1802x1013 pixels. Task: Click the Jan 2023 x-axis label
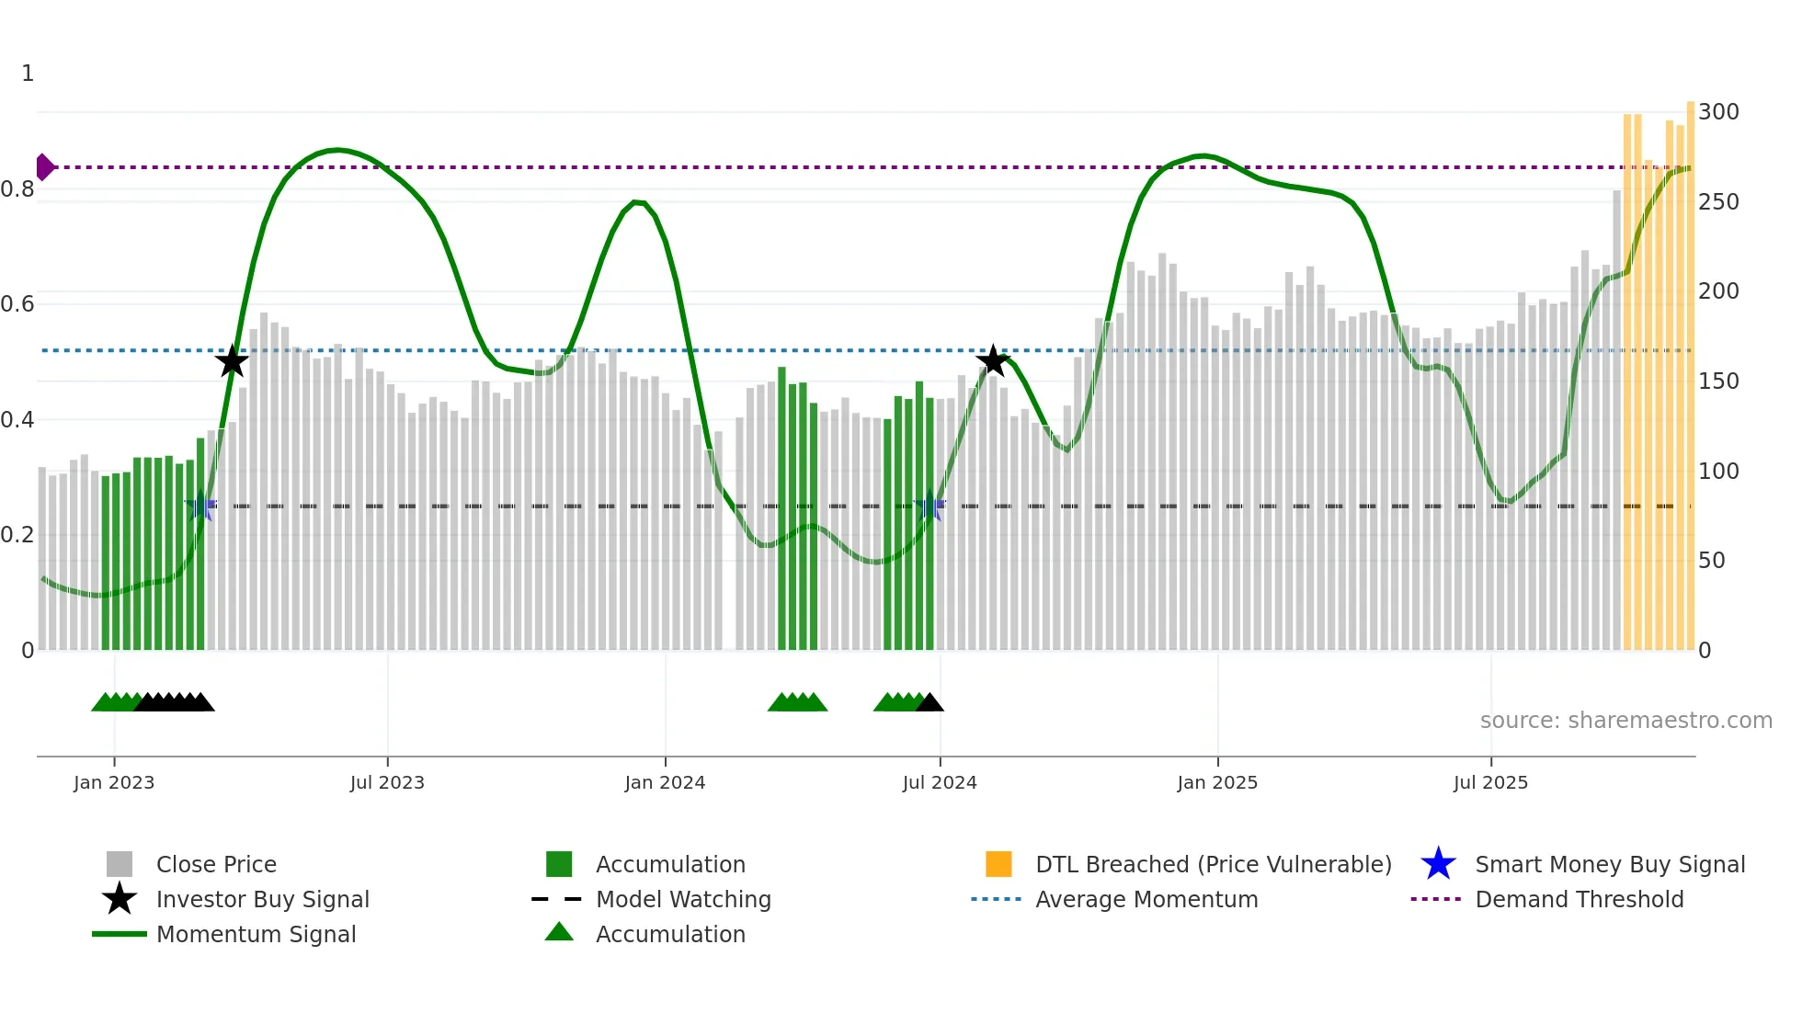(x=114, y=783)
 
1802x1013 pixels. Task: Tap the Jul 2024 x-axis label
(x=940, y=783)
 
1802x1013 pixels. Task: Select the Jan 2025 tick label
(x=1217, y=783)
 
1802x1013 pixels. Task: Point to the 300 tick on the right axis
(x=1718, y=112)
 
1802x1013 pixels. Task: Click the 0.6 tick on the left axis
(x=18, y=304)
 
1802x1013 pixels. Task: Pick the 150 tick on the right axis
(x=1718, y=381)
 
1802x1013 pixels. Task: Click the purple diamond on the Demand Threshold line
(x=44, y=167)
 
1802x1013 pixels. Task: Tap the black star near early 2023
(x=232, y=361)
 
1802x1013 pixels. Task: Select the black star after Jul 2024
(x=993, y=360)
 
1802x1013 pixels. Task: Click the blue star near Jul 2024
(x=930, y=506)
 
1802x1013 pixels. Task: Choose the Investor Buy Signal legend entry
(x=262, y=900)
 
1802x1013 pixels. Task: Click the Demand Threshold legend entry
(x=1579, y=900)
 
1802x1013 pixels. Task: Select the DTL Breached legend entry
(x=1213, y=865)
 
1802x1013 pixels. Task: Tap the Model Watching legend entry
(x=682, y=900)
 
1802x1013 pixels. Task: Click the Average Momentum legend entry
(x=1146, y=900)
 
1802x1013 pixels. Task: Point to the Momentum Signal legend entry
(x=256, y=935)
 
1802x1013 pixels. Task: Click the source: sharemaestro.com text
(x=1625, y=721)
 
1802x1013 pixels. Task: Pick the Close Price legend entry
(x=216, y=865)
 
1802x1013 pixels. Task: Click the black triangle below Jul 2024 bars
(x=930, y=703)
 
